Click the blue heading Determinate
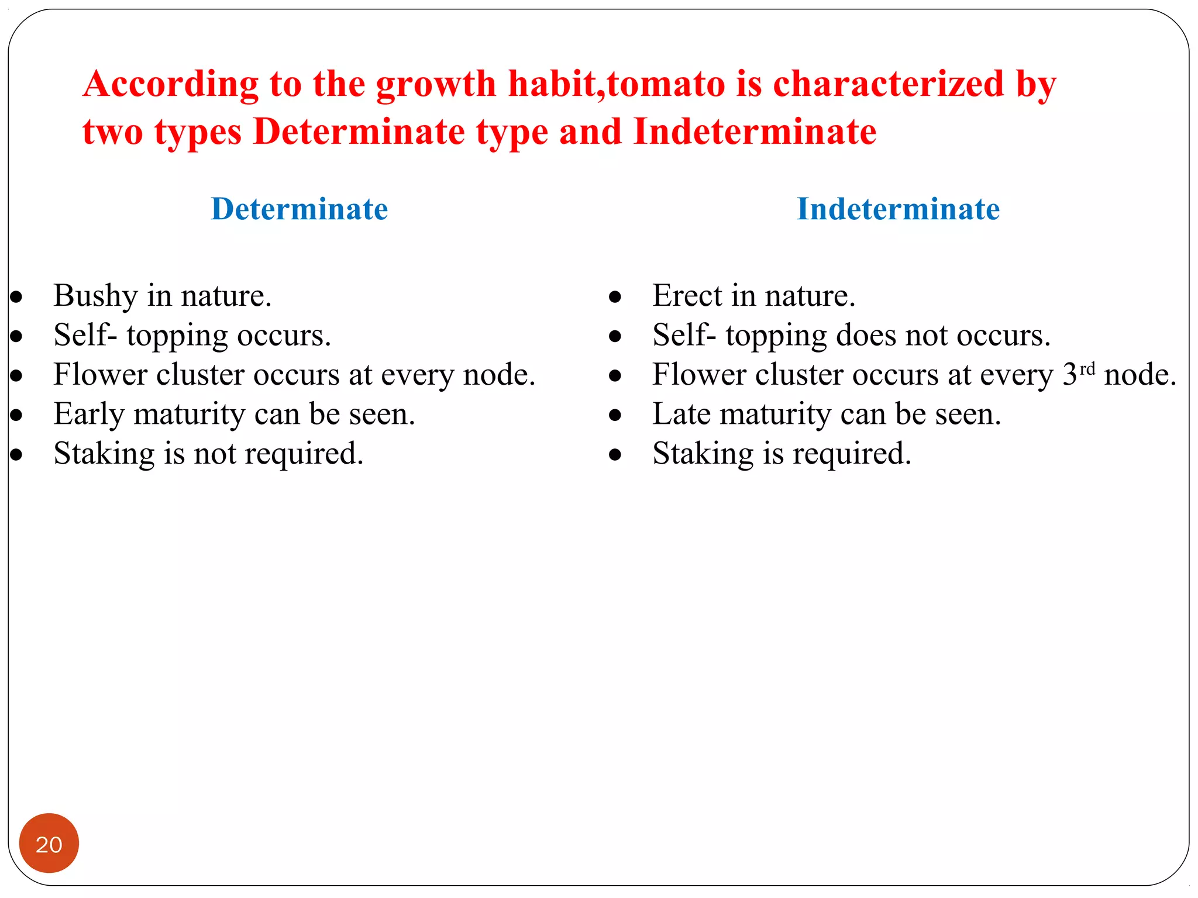[299, 209]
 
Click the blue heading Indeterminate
[898, 209]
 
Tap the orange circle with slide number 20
[49, 843]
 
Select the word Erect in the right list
[687, 295]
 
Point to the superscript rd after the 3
[1087, 369]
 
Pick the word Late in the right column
[681, 414]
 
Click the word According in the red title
[170, 85]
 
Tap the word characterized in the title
[889, 84]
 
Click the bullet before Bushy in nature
[16, 297]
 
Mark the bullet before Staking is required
[615, 455]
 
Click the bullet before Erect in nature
[615, 297]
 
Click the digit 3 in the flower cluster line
[1070, 375]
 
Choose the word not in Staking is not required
[215, 454]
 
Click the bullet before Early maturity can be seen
[16, 415]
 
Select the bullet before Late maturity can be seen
[615, 415]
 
